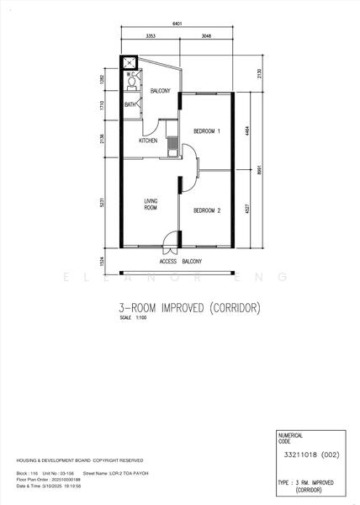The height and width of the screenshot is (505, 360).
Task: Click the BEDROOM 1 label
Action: pyautogui.click(x=206, y=132)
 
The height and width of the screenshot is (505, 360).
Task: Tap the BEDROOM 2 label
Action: pyautogui.click(x=206, y=210)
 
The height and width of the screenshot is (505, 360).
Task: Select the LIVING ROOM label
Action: pyautogui.click(x=151, y=204)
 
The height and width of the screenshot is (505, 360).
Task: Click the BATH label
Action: pyautogui.click(x=130, y=104)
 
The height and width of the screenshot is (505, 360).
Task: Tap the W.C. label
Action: pyautogui.click(x=131, y=75)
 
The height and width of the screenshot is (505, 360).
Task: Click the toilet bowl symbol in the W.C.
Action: pyautogui.click(x=131, y=85)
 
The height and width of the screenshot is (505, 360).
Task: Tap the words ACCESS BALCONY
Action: pyautogui.click(x=178, y=261)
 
